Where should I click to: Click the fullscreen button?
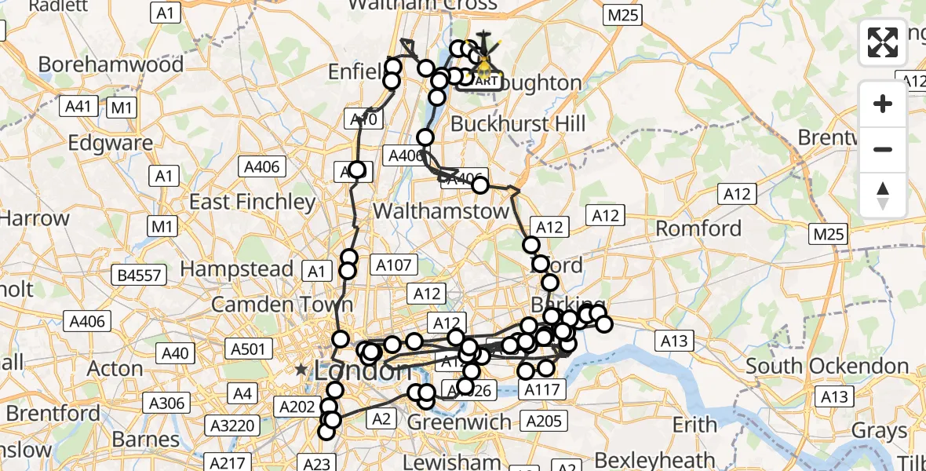[x=883, y=42]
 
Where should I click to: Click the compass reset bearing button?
[x=883, y=195]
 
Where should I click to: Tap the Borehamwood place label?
[x=111, y=64]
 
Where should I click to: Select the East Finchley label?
[x=252, y=202]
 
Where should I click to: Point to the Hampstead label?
[x=237, y=268]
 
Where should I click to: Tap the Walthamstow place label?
[x=440, y=211]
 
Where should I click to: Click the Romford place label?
[x=698, y=228]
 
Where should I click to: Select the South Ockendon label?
[x=827, y=366]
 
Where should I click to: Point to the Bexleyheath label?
[x=654, y=459]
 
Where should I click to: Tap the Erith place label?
[x=694, y=425]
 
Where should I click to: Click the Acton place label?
[x=115, y=367]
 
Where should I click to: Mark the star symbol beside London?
[x=301, y=369]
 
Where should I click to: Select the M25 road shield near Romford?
[x=829, y=234]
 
